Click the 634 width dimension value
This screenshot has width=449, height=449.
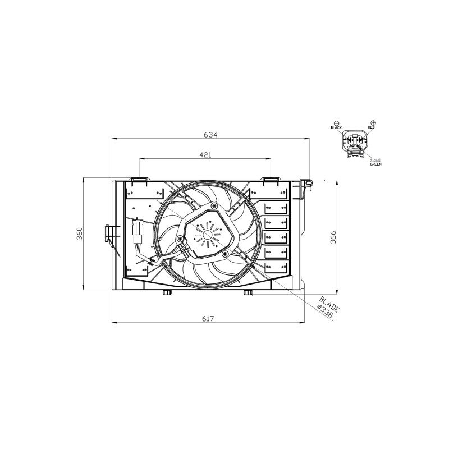pos(210,134)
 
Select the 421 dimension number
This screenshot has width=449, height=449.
pos(205,155)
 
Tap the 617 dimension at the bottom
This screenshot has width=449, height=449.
pos(208,318)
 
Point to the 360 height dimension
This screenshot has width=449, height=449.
pos(79,233)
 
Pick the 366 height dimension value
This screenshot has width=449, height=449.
pos(333,237)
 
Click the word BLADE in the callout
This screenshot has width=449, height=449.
pos(329,304)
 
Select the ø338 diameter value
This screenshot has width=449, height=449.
pos(326,311)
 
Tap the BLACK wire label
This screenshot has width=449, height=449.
pos(336,127)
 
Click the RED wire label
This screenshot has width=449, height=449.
pos(371,127)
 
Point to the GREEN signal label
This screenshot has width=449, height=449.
pos(375,164)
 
